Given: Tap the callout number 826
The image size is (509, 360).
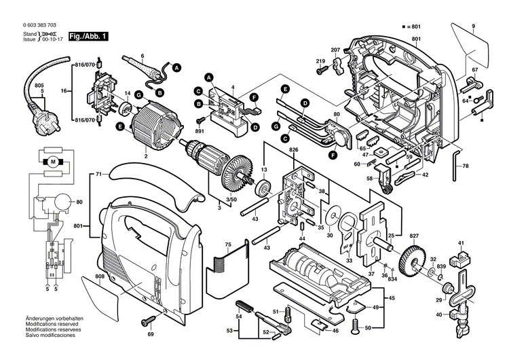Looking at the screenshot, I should tap(293, 149).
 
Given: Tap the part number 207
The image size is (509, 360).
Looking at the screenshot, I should tap(335, 50).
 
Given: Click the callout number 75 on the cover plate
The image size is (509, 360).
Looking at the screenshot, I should tap(229, 245).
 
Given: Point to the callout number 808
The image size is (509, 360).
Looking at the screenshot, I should tap(100, 276).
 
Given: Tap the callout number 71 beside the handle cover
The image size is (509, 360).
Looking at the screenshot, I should tap(98, 175).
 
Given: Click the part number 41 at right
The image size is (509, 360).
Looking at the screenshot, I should tap(461, 243).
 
